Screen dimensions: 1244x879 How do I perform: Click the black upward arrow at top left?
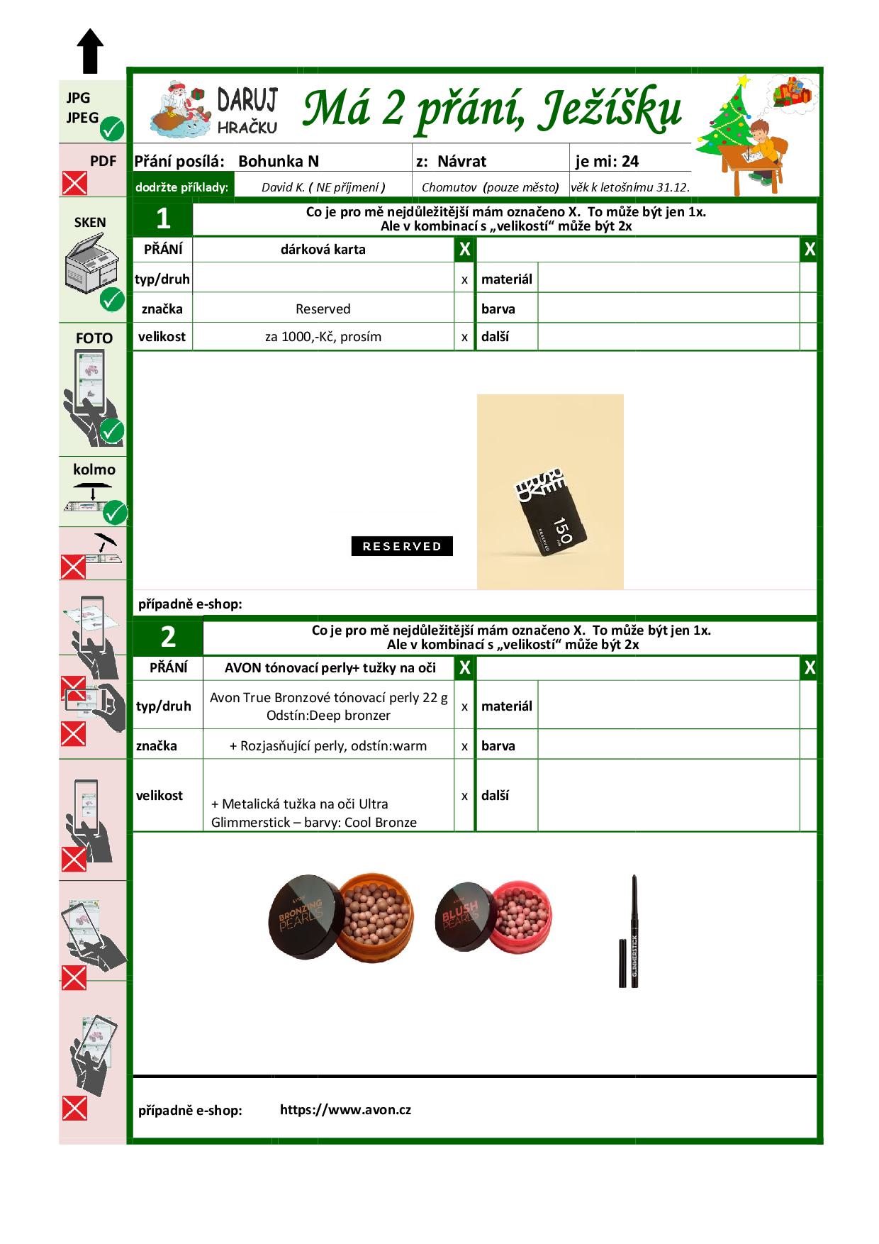[x=90, y=51]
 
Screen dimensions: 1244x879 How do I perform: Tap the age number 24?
[x=630, y=161]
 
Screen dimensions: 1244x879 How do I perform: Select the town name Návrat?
[x=461, y=161]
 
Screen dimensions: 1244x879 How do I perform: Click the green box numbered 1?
[x=163, y=218]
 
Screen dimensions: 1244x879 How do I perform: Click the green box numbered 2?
[x=168, y=637]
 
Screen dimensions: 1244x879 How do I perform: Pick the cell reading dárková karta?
[x=323, y=250]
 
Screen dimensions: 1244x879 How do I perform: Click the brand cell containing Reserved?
[x=323, y=309]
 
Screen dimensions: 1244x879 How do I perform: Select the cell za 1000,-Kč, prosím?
[x=323, y=337]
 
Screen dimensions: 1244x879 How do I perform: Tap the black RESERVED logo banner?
[x=402, y=546]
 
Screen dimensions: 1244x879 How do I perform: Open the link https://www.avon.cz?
[x=345, y=1109]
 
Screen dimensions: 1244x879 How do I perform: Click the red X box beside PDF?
[x=74, y=183]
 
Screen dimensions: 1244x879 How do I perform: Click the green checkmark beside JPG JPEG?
[x=112, y=129]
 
